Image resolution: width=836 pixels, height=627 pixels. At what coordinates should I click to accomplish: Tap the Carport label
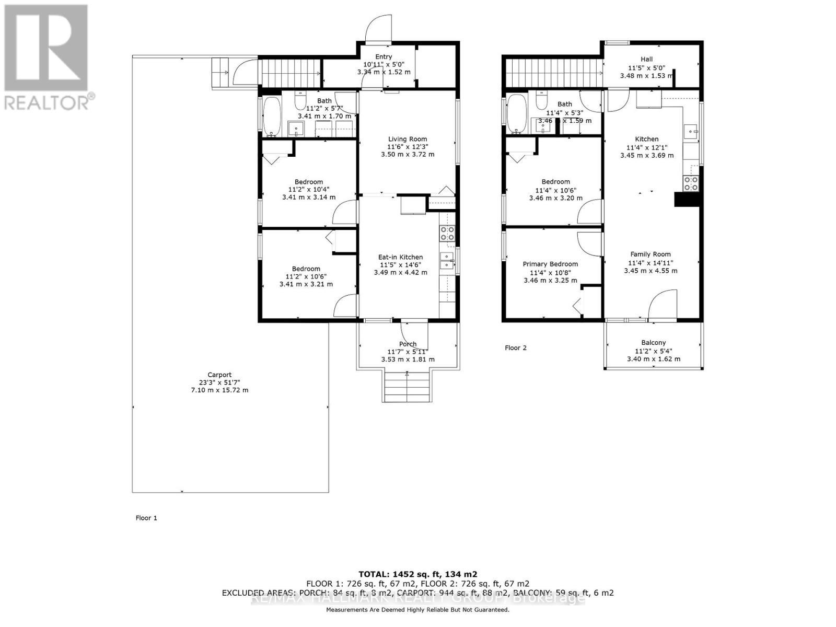(x=219, y=375)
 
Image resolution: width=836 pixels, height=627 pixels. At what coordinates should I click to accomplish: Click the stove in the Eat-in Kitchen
(x=447, y=233)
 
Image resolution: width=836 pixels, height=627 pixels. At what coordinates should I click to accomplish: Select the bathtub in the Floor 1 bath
(x=272, y=115)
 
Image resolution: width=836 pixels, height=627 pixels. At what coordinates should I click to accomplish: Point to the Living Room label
(x=408, y=139)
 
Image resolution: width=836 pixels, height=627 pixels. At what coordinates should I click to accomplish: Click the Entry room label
(x=384, y=57)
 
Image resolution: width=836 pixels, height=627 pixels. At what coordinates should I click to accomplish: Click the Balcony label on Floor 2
(x=653, y=343)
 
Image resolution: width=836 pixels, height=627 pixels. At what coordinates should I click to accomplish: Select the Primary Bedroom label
(x=550, y=264)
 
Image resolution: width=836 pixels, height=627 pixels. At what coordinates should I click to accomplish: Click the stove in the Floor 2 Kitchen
(x=692, y=183)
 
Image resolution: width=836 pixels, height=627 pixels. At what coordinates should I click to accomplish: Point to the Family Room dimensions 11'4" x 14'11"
(x=651, y=263)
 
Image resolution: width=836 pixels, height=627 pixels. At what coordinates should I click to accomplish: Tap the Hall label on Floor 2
(x=646, y=60)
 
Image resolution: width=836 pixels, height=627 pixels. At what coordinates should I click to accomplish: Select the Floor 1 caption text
(x=146, y=518)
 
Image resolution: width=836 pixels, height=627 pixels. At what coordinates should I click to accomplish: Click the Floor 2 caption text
(x=515, y=348)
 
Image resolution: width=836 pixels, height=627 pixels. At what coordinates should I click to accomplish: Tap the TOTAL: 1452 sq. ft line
(x=417, y=574)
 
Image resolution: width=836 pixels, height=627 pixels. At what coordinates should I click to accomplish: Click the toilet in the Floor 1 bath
(x=300, y=99)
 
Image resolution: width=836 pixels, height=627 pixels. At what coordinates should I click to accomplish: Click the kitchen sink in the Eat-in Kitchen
(x=447, y=260)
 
